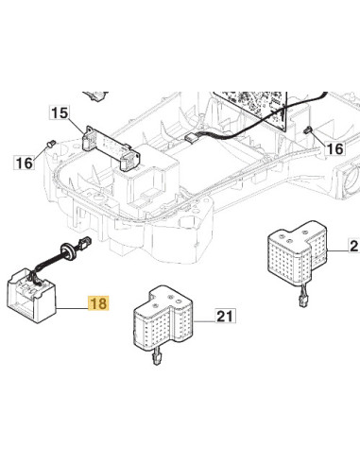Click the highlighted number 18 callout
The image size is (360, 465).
click(x=99, y=303)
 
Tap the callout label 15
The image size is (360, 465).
click(x=60, y=112)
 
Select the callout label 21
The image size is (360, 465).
click(x=226, y=316)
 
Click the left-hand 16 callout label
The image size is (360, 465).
click(x=24, y=163)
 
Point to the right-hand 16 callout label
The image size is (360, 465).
click(x=334, y=148)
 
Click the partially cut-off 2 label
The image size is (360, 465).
click(x=354, y=245)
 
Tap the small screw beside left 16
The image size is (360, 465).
click(x=50, y=144)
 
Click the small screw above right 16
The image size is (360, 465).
click(x=307, y=129)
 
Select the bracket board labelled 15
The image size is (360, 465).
click(x=111, y=148)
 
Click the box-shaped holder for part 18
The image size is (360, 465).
click(x=31, y=295)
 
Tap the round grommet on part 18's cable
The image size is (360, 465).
click(x=68, y=250)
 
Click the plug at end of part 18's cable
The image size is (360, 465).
click(x=85, y=243)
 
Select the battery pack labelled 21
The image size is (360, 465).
click(x=163, y=319)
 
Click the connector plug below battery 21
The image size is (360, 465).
click(x=157, y=358)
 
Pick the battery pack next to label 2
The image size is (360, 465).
click(x=298, y=253)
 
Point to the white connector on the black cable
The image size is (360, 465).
click(x=191, y=138)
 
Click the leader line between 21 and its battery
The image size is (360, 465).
click(x=205, y=321)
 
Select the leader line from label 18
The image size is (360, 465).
click(x=73, y=308)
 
